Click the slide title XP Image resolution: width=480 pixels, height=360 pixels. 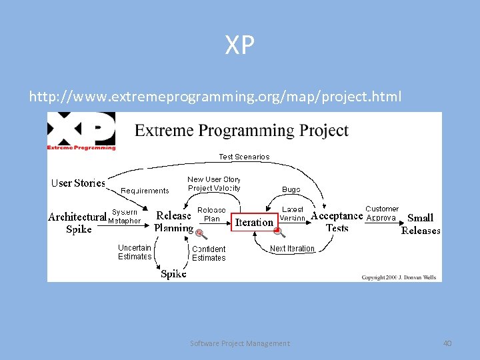[240, 45]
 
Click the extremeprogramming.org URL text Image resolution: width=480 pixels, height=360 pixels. [215, 97]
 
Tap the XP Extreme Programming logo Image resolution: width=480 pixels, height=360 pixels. [81, 131]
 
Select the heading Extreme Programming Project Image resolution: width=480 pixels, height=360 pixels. [241, 130]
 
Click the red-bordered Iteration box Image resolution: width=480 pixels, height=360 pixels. [254, 222]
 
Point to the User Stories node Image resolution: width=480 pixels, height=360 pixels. [79, 183]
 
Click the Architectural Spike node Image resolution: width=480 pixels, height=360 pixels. [78, 223]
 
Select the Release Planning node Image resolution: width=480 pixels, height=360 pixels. [173, 221]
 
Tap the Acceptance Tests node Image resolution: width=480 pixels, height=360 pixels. [337, 221]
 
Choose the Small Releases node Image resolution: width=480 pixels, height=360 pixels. [420, 224]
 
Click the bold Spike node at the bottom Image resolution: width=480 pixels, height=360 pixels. [173, 274]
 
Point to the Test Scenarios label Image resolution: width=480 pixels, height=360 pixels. [244, 157]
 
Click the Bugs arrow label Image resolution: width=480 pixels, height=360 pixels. [291, 189]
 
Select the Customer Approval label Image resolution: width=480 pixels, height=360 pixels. [382, 213]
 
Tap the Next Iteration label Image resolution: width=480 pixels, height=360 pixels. [292, 249]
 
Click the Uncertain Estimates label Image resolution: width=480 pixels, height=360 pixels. [135, 252]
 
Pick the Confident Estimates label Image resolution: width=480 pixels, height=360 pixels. [209, 253]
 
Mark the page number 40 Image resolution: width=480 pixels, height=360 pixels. [447, 343]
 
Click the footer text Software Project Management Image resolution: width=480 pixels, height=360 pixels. [240, 343]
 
